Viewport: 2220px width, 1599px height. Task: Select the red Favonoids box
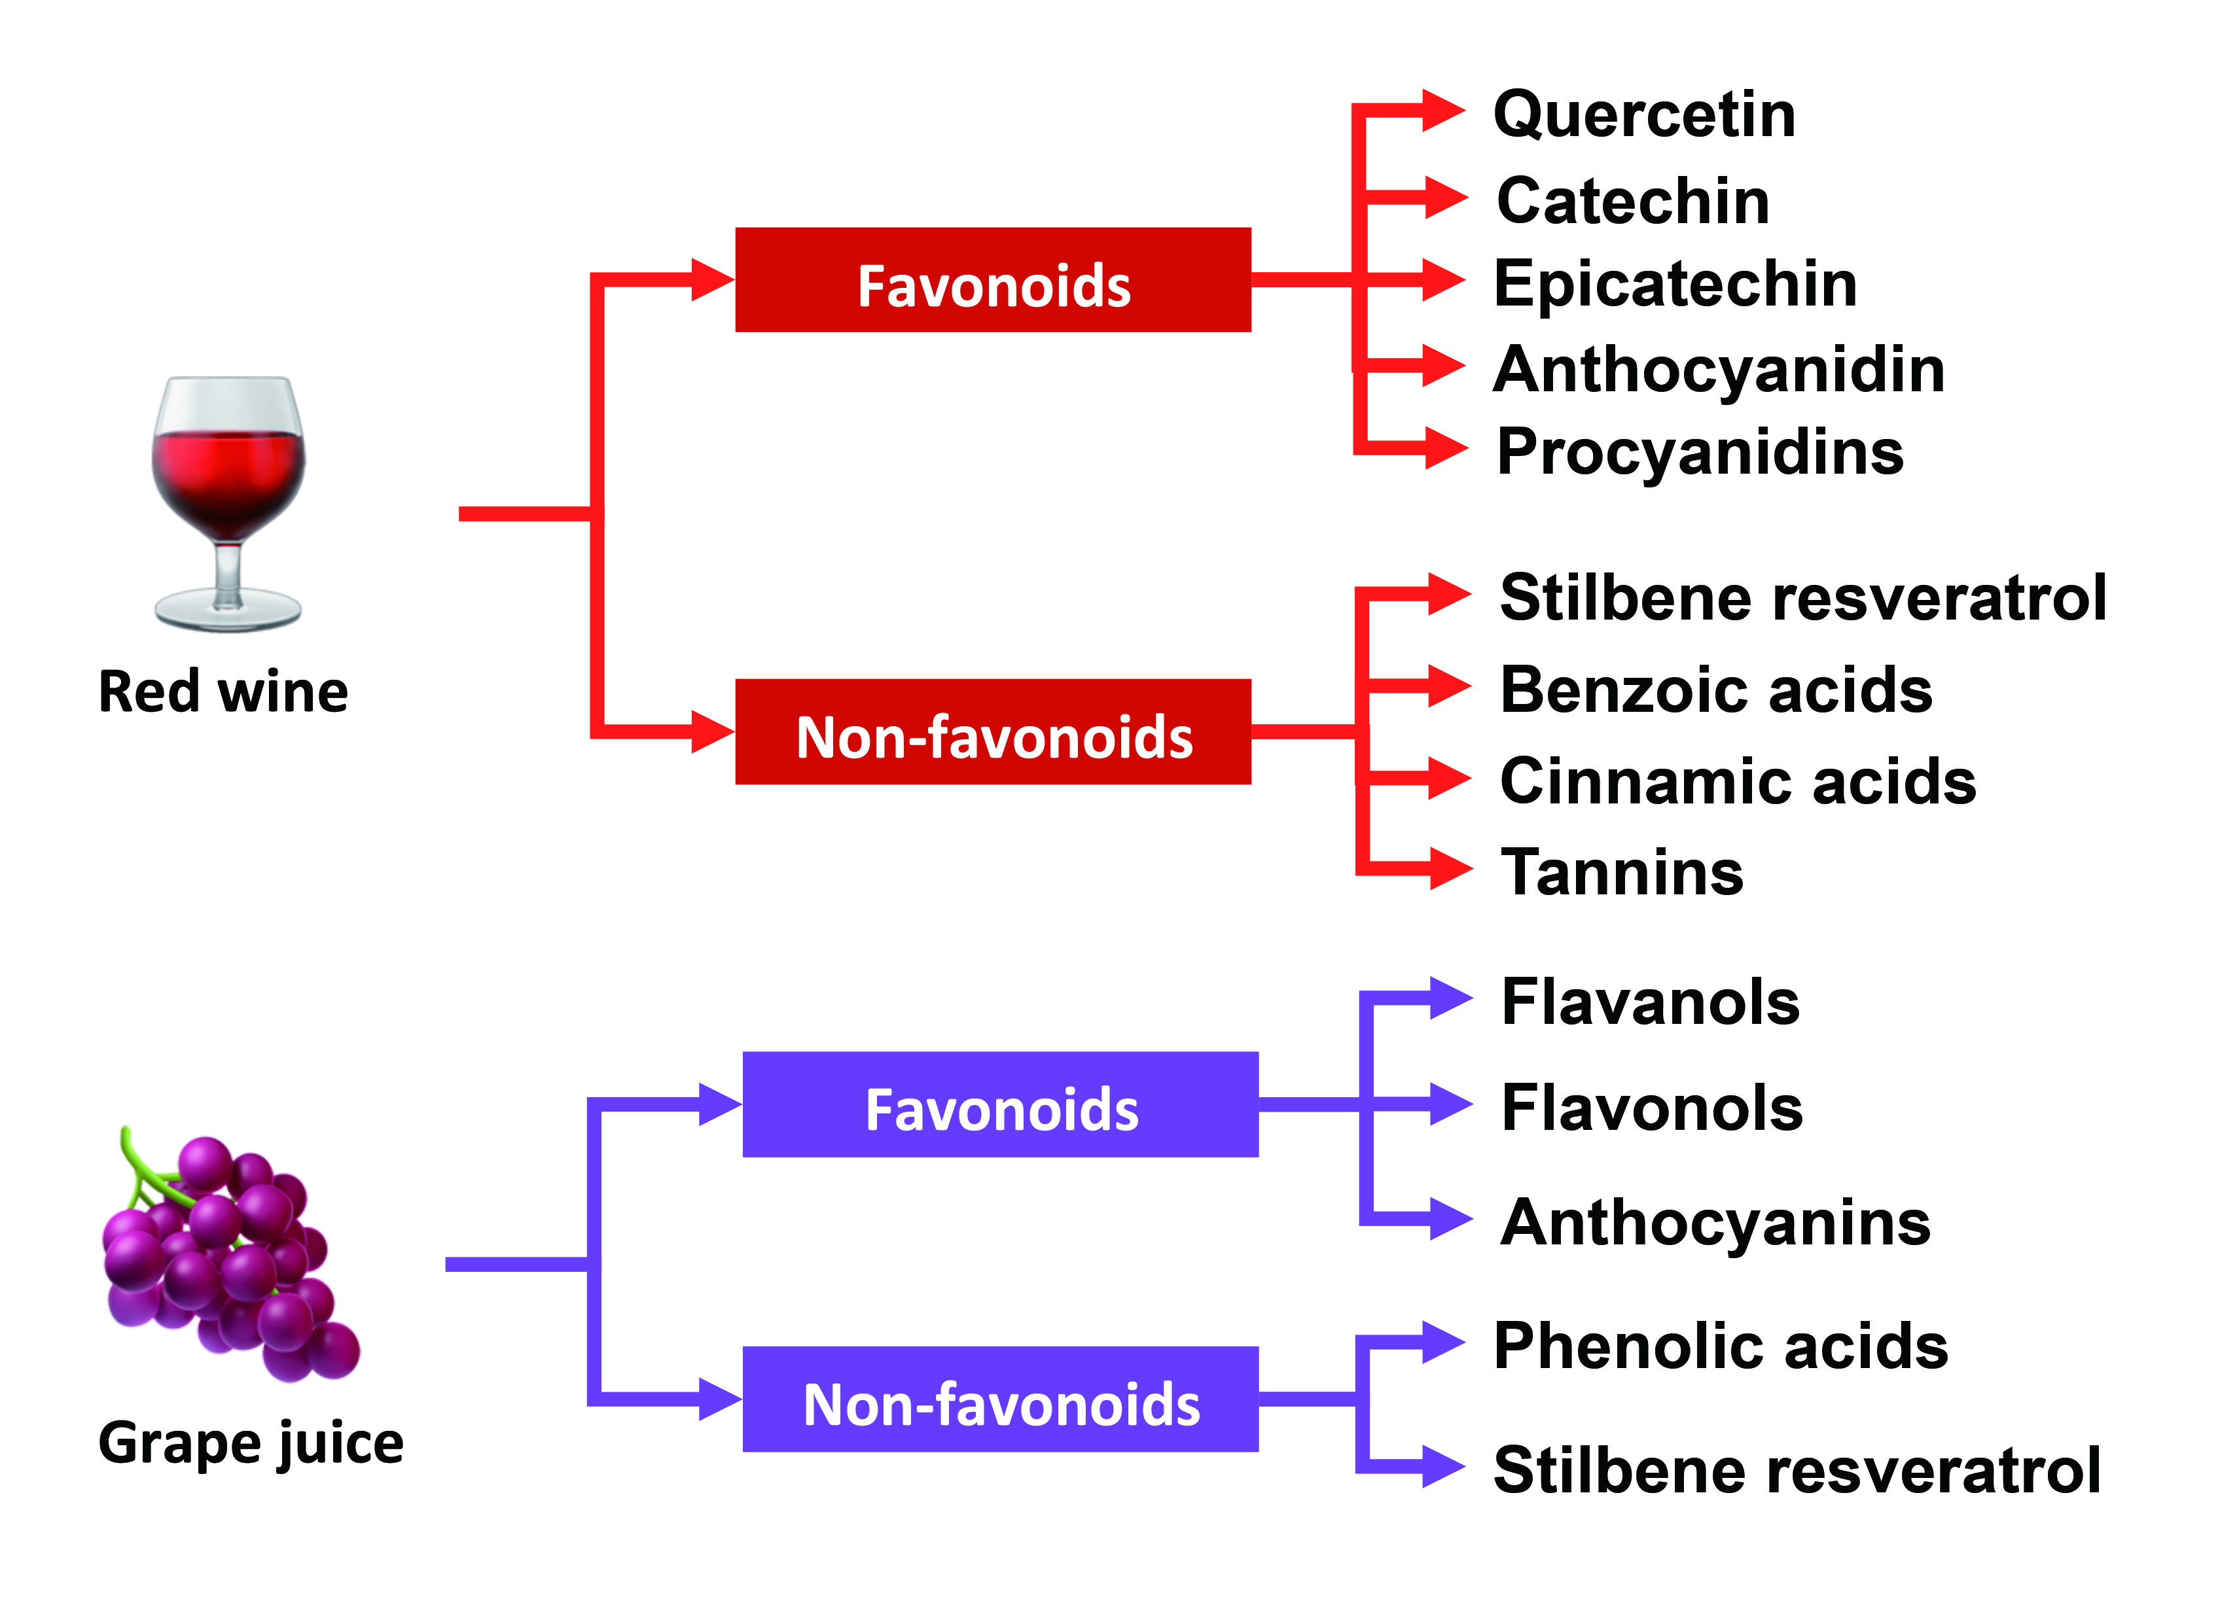993,281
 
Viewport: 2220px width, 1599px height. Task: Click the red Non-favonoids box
993,732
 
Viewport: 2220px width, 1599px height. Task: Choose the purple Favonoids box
1000,1105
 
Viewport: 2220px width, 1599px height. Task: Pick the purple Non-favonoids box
1000,1399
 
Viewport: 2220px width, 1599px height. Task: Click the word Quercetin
1645,114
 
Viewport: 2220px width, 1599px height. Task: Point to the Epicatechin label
1675,284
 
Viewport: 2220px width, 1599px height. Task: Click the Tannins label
1622,872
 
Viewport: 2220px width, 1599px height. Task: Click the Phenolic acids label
1721,1346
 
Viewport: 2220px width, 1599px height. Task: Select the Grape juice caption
251,1443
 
